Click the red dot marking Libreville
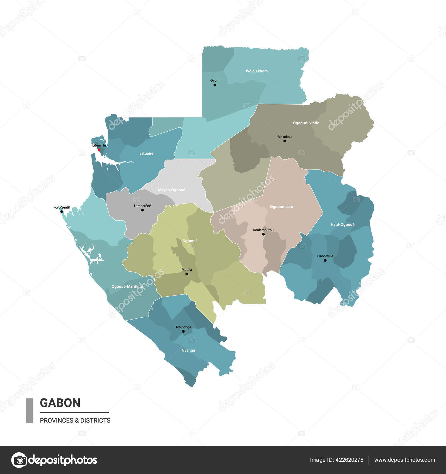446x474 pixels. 99,150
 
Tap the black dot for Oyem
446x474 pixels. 215,85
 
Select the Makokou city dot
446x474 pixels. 285,141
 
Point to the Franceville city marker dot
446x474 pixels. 325,260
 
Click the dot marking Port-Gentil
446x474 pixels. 62,212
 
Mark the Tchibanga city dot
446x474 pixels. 183,332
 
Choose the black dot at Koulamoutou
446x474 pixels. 263,234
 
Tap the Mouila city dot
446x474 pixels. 187,274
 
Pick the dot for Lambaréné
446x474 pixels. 142,210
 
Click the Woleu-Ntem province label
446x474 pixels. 256,71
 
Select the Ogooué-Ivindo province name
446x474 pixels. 306,123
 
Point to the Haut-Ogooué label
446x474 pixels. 342,224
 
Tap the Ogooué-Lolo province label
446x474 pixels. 281,207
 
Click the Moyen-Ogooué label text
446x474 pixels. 171,190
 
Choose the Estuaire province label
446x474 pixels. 146,153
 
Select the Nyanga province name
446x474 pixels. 188,350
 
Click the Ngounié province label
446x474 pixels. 190,241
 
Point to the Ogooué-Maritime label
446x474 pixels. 127,286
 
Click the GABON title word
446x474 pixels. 60,403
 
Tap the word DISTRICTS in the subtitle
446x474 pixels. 95,420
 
